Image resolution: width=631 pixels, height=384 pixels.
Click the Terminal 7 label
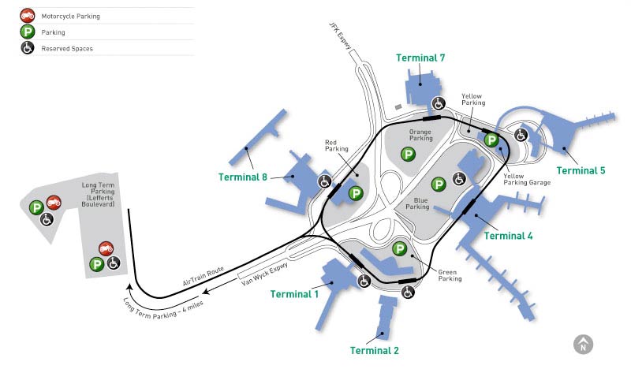click(x=420, y=58)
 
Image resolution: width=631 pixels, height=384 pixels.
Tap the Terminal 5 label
click(x=581, y=170)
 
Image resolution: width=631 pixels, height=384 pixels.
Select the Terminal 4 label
click(x=508, y=236)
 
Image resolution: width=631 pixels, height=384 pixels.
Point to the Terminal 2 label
click(x=375, y=351)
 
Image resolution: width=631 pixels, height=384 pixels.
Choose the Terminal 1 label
click(x=294, y=294)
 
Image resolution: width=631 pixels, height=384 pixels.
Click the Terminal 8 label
click(x=242, y=177)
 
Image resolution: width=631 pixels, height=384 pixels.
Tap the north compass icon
click(x=583, y=344)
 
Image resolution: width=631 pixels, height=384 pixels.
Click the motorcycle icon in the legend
click(x=27, y=16)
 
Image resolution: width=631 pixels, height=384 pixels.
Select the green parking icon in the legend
click(x=27, y=32)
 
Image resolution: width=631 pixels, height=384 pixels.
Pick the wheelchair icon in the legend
click(x=27, y=49)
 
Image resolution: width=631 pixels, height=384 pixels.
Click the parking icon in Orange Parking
click(x=408, y=154)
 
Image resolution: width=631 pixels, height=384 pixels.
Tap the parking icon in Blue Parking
click(x=439, y=184)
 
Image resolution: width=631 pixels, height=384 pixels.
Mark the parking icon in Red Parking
click(x=356, y=193)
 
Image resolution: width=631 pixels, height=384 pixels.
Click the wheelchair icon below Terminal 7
click(x=439, y=103)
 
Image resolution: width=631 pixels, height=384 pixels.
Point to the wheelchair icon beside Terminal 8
click(x=324, y=181)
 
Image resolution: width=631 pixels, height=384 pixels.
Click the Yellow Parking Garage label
click(x=528, y=178)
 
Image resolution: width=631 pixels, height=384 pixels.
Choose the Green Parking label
click(x=450, y=274)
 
